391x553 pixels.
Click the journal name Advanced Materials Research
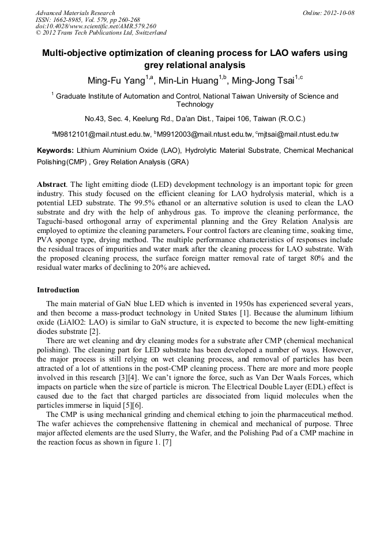[x=75, y=13]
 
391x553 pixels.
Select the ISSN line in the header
[x=87, y=20]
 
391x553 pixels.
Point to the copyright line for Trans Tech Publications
[x=101, y=33]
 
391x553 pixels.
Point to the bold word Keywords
[x=55, y=151]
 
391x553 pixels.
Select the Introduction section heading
[x=58, y=289]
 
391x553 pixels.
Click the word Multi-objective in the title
[x=76, y=53]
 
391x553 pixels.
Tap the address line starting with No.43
[x=195, y=119]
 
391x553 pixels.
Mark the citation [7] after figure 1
[x=167, y=442]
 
